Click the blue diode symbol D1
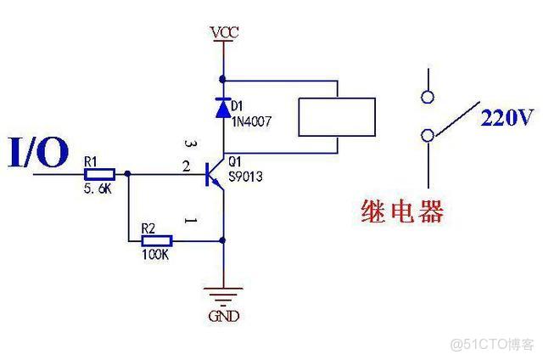tap(223, 107)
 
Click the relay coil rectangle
tap(336, 116)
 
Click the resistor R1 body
tap(98, 174)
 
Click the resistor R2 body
tap(152, 241)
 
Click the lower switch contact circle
tap(429, 134)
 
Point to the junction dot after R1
tap(127, 174)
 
